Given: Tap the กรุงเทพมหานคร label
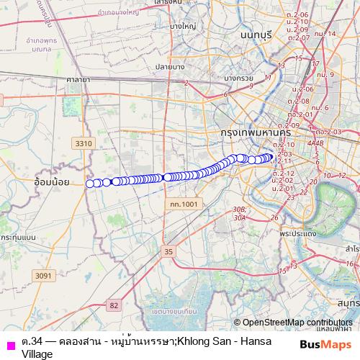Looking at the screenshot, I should click(256, 133).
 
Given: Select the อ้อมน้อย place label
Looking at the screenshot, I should click(52, 182).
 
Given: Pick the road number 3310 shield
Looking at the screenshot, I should click(84, 143).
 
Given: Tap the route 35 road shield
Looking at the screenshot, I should click(168, 251).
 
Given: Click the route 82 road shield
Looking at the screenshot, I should click(113, 305).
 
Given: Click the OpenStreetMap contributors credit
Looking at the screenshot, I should click(293, 323).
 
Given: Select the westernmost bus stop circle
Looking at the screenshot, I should click(90, 184).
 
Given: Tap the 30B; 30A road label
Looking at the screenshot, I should click(240, 212).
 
